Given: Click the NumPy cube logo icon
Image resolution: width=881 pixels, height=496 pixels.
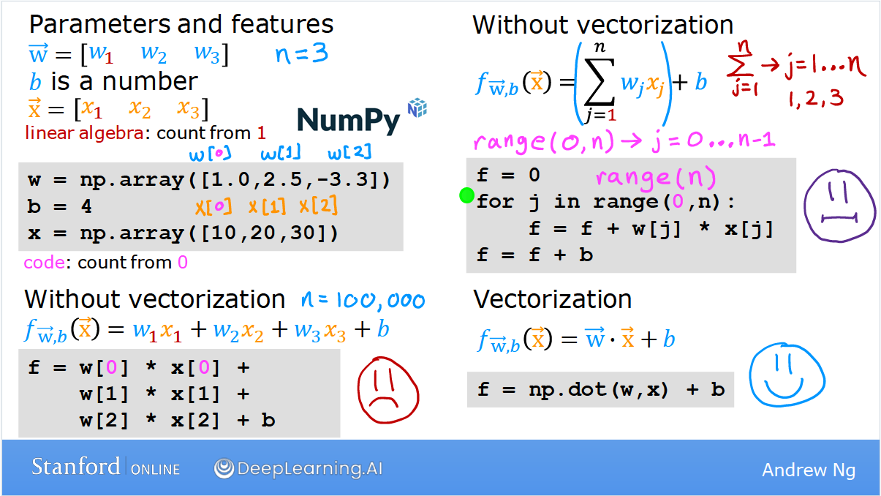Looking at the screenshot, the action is tap(417, 108).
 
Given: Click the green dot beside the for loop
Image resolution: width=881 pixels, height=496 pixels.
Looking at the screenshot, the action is tap(467, 195).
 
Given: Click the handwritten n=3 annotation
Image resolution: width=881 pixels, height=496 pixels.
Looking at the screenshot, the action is tap(302, 53).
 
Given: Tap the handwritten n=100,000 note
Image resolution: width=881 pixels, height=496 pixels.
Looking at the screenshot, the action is tap(363, 301).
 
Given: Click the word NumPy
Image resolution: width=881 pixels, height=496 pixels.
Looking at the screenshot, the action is tap(349, 121).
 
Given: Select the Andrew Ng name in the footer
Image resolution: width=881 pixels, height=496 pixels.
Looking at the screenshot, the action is tap(809, 470).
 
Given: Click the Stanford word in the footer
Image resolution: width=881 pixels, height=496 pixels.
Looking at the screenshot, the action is tap(75, 467).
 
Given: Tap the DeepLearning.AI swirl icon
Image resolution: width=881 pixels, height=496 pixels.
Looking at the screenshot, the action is tap(224, 468).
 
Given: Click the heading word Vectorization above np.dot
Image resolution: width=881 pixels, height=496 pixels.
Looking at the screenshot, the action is tap(552, 299).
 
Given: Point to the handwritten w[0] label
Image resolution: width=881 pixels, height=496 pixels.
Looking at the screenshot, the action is tap(210, 154).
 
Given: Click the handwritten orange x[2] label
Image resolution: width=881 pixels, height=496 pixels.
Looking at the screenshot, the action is tap(318, 205).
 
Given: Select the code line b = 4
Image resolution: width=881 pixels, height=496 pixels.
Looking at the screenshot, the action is tap(59, 206).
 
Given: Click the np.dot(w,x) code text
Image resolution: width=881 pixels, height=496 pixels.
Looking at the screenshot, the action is tap(598, 390).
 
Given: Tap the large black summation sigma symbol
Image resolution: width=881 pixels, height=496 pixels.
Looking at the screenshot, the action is tap(600, 82).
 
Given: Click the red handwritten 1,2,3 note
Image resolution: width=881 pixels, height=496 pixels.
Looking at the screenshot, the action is tap(816, 99).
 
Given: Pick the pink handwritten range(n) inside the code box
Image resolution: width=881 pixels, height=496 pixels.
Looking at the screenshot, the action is tap(656, 177).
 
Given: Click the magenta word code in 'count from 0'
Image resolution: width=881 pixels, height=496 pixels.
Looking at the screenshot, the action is tap(45, 263).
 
